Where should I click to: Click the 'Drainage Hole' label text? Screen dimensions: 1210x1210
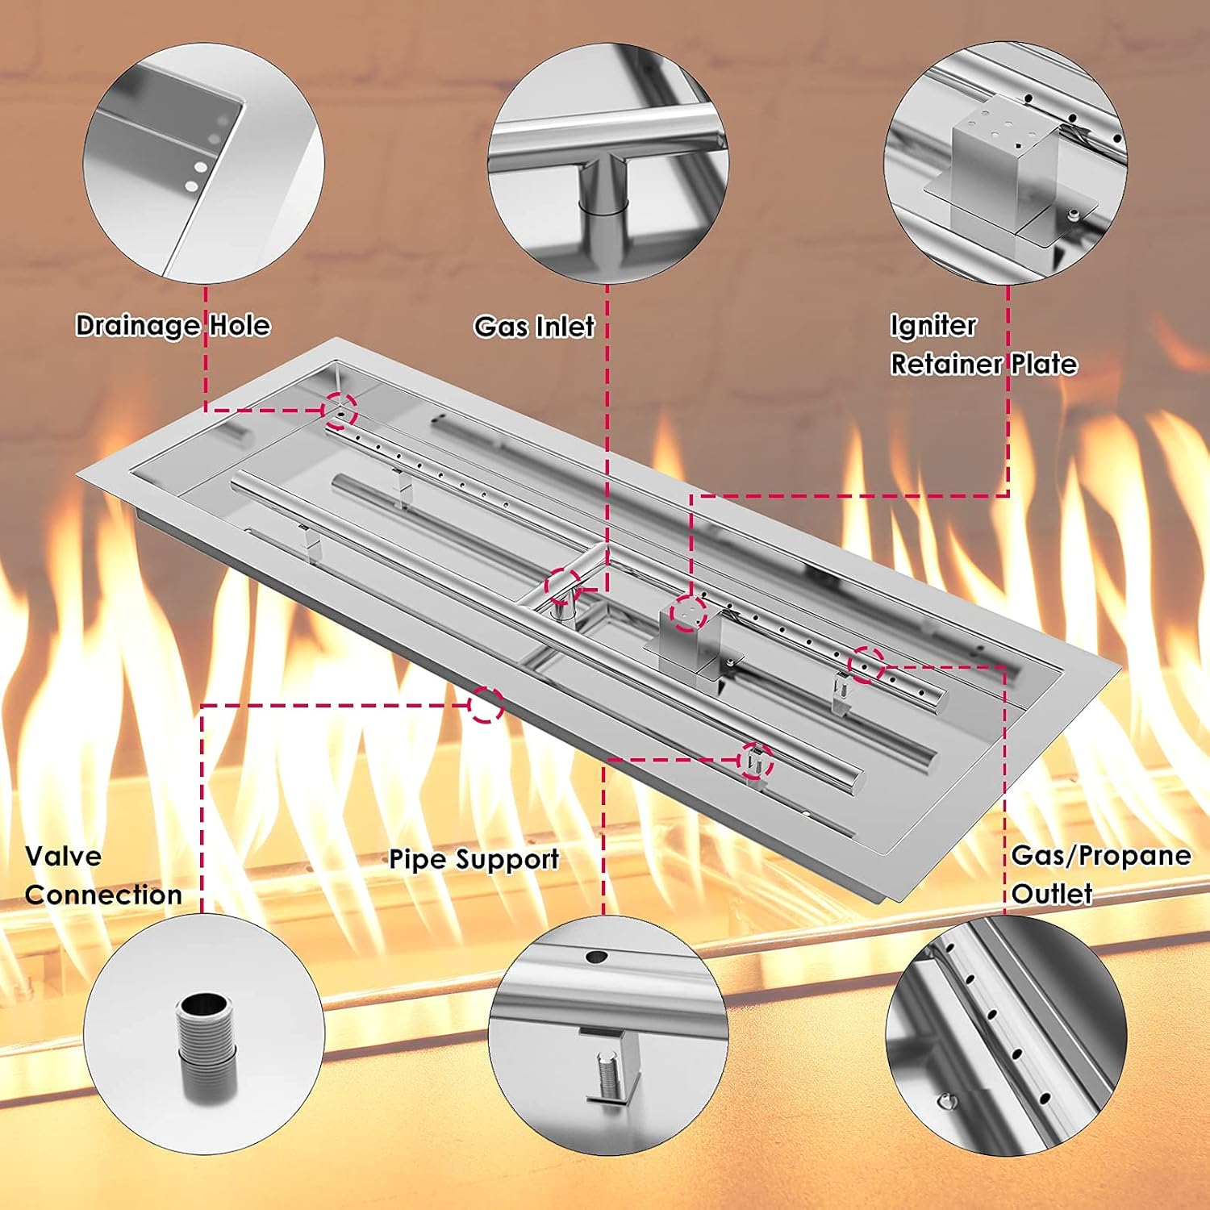tap(173, 325)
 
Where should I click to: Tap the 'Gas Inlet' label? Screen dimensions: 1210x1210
tap(534, 327)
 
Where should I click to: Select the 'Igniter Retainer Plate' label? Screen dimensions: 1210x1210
tap(983, 344)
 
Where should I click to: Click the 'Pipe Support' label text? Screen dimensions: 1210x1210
tap(474, 860)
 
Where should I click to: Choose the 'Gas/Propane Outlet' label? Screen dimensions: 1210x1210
tap(1101, 874)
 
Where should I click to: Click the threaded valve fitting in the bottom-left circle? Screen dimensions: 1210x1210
tap(206, 1045)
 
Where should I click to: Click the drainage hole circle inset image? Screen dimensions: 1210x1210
tap(203, 162)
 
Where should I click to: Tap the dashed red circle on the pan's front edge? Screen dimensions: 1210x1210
tap(486, 704)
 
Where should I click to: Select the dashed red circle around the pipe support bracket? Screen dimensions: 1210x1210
tap(755, 761)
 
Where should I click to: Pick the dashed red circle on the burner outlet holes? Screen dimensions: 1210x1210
tap(866, 665)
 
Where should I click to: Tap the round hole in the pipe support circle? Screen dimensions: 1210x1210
tap(596, 958)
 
